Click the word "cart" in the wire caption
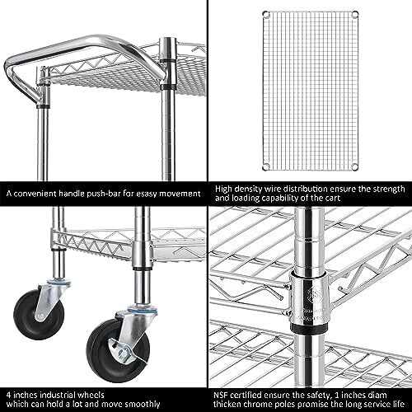tap(333, 199)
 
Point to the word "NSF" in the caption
tap(221, 395)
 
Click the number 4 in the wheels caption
tap(9, 396)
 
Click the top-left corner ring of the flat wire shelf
tap(265, 14)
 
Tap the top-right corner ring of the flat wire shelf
tap(355, 14)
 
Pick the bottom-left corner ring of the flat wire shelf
tap(266, 166)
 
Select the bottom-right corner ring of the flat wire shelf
tap(355, 166)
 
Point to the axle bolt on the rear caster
tap(40, 316)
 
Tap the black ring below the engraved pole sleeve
tap(309, 328)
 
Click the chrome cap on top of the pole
tap(167, 48)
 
